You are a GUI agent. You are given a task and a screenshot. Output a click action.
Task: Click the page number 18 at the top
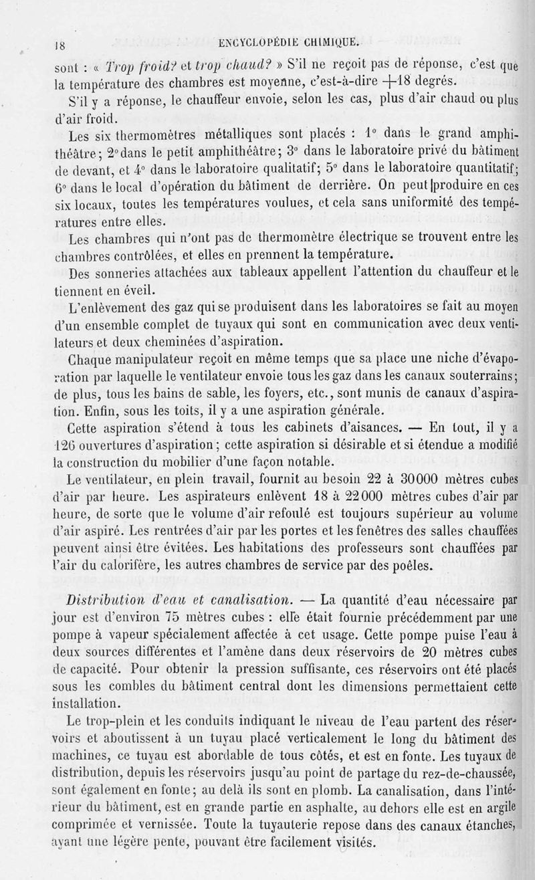click(59, 46)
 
